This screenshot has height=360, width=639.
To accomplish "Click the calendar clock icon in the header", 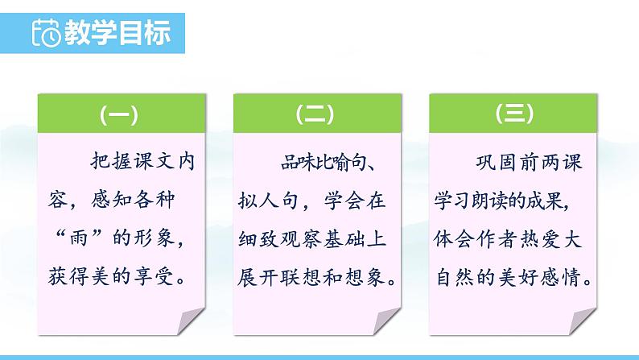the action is tap(46, 32).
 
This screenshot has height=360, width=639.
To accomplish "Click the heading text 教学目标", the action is tap(117, 32).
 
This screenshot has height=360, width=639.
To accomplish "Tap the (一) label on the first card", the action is tap(119, 114).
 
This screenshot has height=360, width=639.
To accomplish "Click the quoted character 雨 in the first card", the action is tap(79, 238).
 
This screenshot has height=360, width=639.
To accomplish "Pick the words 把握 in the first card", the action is tap(110, 161).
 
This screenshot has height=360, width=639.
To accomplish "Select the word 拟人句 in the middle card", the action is tap(268, 201).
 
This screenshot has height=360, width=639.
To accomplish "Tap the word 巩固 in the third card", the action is tap(496, 162).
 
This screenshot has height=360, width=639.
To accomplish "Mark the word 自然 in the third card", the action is tap(456, 277).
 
